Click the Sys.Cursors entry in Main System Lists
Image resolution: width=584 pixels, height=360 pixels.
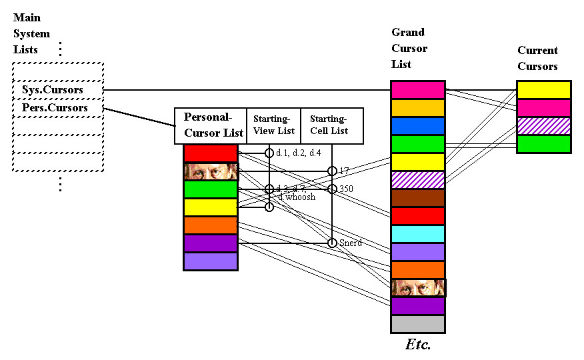click(58, 89)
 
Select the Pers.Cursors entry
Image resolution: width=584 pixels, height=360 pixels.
click(58, 107)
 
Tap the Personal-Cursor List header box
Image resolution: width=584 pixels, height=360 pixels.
click(211, 125)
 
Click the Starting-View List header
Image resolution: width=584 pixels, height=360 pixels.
click(274, 125)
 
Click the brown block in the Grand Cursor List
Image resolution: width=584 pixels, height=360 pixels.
click(417, 198)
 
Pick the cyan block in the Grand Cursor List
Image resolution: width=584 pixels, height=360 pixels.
click(417, 234)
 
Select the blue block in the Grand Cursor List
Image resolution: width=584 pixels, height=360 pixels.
click(417, 126)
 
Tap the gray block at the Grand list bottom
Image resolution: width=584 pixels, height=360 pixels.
click(417, 324)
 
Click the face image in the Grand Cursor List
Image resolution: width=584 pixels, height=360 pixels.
click(417, 288)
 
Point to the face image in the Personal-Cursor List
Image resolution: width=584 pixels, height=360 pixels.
click(211, 171)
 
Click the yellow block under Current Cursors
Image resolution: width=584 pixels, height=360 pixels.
click(543, 90)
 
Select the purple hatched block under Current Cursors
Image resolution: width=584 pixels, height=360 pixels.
click(543, 126)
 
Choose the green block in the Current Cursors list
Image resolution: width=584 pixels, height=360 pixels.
click(543, 144)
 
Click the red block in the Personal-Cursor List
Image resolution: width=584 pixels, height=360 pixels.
click(211, 153)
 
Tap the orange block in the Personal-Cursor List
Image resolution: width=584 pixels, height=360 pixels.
click(211, 225)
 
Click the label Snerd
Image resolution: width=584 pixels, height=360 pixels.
click(349, 243)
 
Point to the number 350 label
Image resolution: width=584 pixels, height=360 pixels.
click(346, 189)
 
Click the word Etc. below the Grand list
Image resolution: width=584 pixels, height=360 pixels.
click(418, 345)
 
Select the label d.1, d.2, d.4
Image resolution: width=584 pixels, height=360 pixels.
click(298, 153)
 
